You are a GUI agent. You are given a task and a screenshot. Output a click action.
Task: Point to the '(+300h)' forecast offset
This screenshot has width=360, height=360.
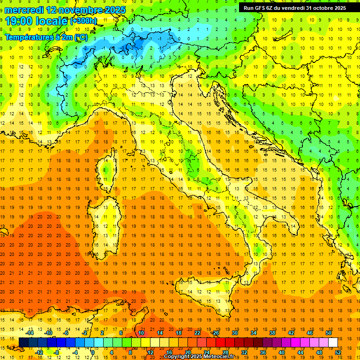pos(83,21)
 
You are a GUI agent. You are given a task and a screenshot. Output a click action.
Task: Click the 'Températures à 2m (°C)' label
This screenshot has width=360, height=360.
pos(46,37)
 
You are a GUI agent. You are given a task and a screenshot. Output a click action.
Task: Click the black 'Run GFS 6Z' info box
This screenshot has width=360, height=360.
pos(295,7)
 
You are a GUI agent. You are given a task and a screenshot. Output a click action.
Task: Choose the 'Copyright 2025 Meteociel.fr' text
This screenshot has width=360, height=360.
pos(202,357)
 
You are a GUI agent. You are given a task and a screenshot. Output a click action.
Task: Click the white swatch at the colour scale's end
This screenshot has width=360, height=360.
pos(333,343)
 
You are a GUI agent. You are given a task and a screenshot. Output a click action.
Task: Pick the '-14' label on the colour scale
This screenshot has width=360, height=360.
pos(30,333)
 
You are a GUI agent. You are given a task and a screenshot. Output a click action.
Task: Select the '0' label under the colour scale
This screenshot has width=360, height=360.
pos(92,352)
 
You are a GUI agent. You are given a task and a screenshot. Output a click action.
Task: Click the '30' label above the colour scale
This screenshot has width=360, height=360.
pos(234,333)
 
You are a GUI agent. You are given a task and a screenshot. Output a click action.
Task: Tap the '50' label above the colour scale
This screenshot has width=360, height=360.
pos(328,333)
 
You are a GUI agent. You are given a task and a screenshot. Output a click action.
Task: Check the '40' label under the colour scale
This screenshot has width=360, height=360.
pos(281,352)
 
